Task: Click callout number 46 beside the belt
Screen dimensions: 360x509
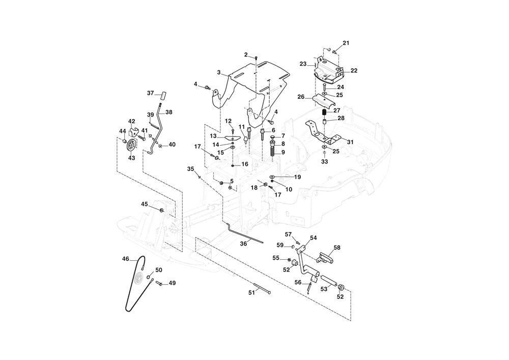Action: [126, 259]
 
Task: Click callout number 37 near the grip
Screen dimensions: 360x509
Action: [150, 93]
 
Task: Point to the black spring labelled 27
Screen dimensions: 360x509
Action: [323, 112]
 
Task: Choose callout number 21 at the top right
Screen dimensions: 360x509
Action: [346, 43]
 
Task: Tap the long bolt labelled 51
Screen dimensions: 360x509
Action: [260, 292]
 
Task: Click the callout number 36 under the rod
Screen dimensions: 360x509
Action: [243, 244]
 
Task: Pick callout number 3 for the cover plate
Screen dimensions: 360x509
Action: [218, 73]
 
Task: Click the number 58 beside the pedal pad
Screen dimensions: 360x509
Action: [337, 247]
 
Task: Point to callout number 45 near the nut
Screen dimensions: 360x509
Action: [145, 204]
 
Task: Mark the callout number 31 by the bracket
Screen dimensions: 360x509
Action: [350, 142]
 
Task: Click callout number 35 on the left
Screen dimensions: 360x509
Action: [190, 169]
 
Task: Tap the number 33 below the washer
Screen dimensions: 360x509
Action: [325, 161]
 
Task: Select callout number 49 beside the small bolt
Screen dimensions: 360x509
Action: [172, 283]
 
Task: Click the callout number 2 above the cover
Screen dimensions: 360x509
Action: [246, 54]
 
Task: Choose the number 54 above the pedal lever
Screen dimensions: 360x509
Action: [313, 238]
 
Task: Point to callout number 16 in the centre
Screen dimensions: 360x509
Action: [245, 164]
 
